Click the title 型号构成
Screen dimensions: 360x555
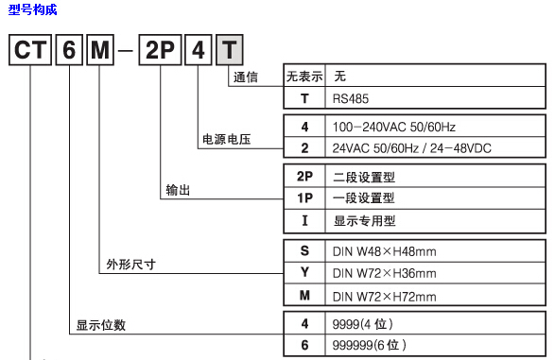[x=32, y=10]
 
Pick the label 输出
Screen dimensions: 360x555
[x=178, y=190]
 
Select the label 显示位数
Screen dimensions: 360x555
[x=101, y=326]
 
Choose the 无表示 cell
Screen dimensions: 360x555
[x=304, y=75]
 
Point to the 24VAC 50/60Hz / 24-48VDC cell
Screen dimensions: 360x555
[x=411, y=148]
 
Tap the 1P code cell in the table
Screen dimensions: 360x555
[x=304, y=198]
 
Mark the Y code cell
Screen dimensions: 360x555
[x=304, y=273]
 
